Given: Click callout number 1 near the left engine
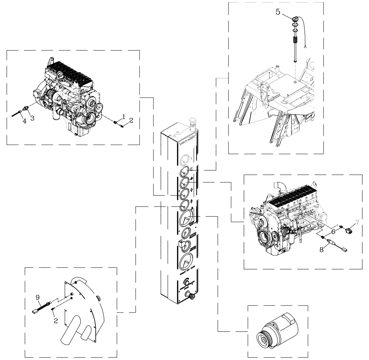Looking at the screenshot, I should [x=124, y=116].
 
